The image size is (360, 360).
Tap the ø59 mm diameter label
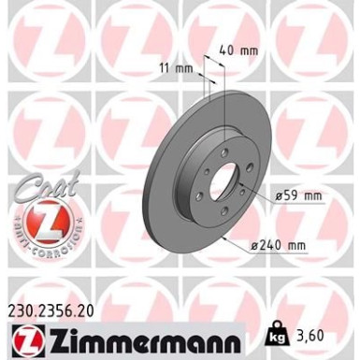click(298, 196)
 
